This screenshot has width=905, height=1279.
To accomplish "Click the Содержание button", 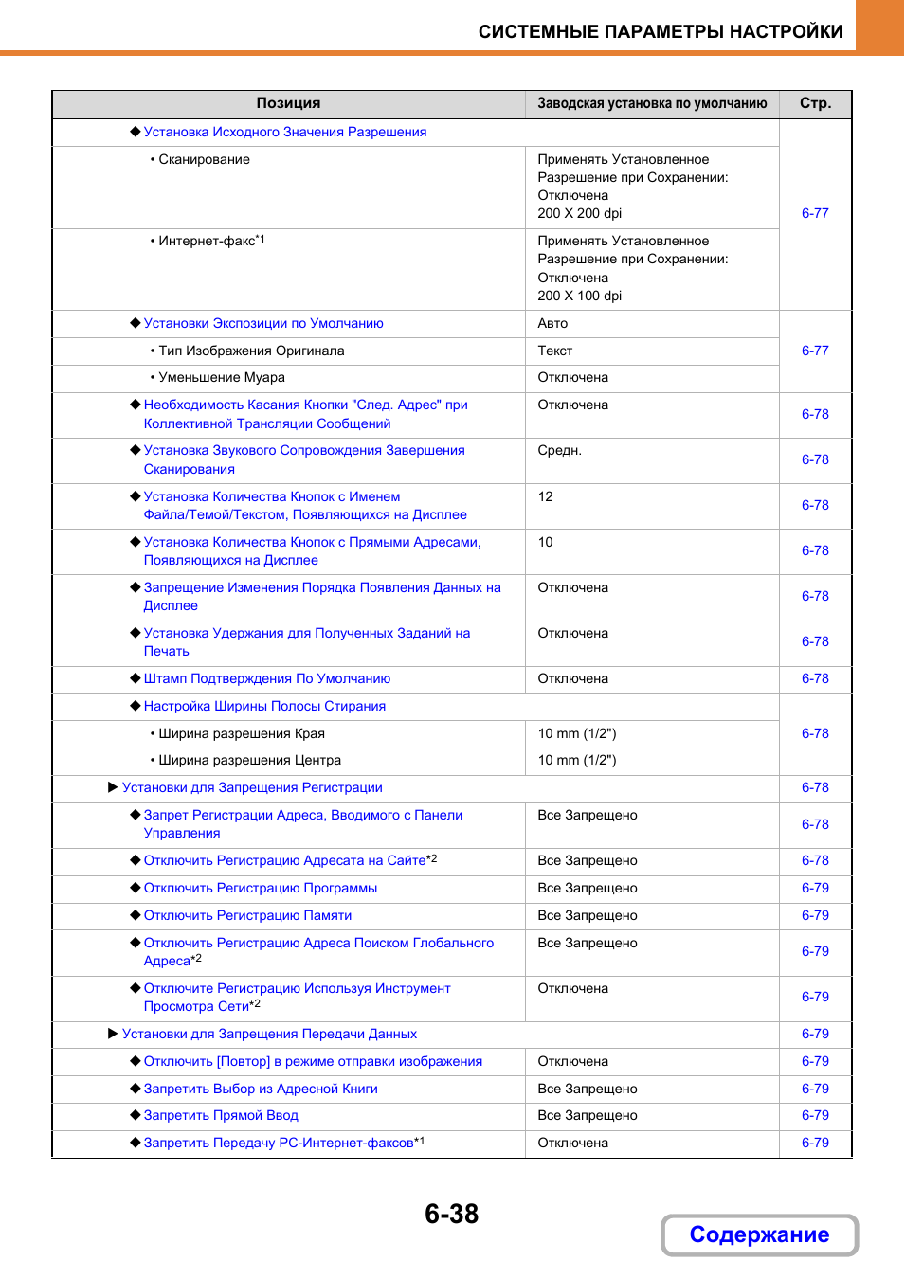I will pyautogui.click(x=759, y=1234).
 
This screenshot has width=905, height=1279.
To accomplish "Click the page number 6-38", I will pyautogui.click(x=452, y=1214).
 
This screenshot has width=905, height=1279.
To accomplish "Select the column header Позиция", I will pyautogui.click(x=288, y=103).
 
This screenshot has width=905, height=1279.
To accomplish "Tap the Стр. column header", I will pyautogui.click(x=815, y=103).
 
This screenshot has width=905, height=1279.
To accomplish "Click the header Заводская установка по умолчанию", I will pyautogui.click(x=652, y=103).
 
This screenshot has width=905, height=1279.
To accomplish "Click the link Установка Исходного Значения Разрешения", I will pyautogui.click(x=284, y=132).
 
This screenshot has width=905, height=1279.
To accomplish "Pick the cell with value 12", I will pyautogui.click(x=546, y=496).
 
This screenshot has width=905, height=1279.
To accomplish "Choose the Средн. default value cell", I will pyautogui.click(x=560, y=450).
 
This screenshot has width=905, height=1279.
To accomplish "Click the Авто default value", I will pyautogui.click(x=553, y=323).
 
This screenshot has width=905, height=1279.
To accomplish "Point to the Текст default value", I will pyautogui.click(x=555, y=351).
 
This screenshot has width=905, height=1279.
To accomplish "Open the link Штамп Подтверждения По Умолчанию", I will pyautogui.click(x=267, y=678).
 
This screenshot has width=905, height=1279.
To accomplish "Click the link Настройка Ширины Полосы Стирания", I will pyautogui.click(x=264, y=706).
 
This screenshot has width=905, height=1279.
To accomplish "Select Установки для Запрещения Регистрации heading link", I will pyautogui.click(x=252, y=787).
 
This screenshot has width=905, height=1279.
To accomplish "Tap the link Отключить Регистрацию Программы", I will pyautogui.click(x=261, y=888).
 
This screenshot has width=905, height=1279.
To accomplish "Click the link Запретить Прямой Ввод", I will pyautogui.click(x=221, y=1115).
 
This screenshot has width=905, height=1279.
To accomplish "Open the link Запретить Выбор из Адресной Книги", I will pyautogui.click(x=261, y=1089).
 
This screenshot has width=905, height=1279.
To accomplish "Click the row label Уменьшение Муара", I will pyautogui.click(x=222, y=377).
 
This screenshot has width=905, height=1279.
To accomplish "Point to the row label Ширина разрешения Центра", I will pyautogui.click(x=249, y=760).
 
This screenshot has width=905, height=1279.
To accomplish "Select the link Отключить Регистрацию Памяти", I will pyautogui.click(x=247, y=915).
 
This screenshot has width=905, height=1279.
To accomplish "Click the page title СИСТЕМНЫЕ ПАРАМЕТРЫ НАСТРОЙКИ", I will pyautogui.click(x=661, y=31).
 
